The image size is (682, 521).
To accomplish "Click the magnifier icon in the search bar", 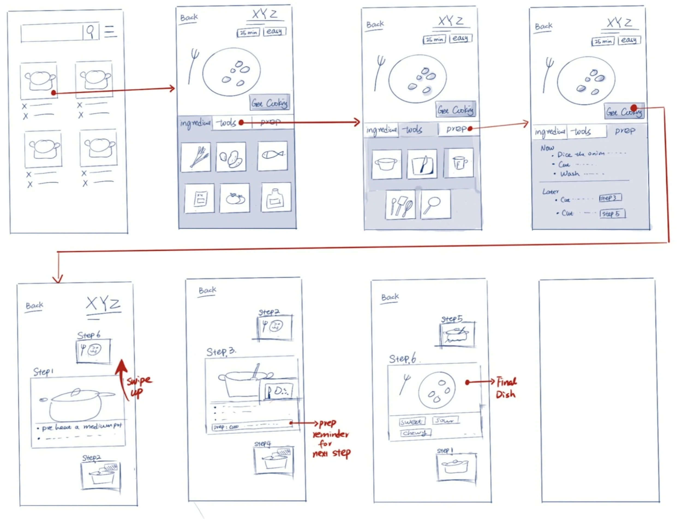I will (x=91, y=31).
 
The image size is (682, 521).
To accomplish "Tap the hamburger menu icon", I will (x=110, y=32).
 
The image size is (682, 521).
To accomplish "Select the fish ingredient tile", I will (x=273, y=156).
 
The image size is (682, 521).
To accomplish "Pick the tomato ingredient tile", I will (x=235, y=198).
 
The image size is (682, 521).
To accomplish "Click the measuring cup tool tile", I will (x=459, y=163).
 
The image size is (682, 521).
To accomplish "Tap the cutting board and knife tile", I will (x=422, y=164).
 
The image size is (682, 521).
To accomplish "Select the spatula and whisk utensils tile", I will (x=400, y=205).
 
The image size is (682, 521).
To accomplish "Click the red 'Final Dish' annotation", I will (x=506, y=388).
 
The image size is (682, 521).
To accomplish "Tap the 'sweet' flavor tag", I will (x=411, y=422).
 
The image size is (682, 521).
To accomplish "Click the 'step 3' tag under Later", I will (x=610, y=198).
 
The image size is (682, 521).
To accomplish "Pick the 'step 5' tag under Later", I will (x=612, y=214).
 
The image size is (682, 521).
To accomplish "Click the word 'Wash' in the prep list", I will (x=570, y=174).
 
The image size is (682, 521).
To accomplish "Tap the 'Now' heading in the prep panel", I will (x=547, y=148).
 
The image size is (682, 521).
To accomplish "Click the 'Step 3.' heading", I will (x=221, y=352).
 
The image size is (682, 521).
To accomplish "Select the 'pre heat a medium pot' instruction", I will (x=82, y=427).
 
